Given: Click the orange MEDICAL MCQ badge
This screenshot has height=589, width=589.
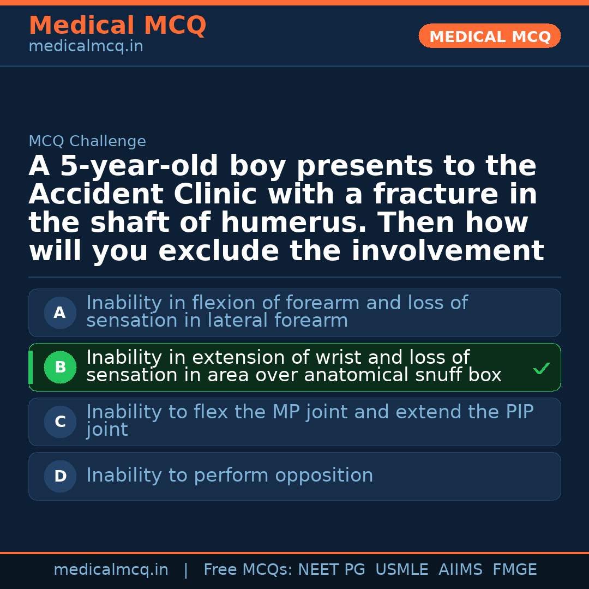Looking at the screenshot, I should point(489,36).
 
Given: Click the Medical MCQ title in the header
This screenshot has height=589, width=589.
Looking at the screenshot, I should point(117,26).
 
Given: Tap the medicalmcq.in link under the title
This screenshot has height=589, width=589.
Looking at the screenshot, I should point(86,47).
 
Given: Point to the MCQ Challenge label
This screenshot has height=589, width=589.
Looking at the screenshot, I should point(87,142).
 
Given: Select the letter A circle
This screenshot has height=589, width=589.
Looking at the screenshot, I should point(60,313).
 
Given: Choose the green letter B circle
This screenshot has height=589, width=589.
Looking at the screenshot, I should point(60,368).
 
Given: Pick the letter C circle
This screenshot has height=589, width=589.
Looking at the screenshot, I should point(60,422).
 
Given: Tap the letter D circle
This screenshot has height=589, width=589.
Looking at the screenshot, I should point(60,477).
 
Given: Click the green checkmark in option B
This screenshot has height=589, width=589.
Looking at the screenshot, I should point(541,369).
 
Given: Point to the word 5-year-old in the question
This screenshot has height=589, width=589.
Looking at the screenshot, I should point(139,166).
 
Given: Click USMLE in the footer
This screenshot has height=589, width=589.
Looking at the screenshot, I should point(401,570).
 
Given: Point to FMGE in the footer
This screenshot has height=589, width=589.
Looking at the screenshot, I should point(514,570).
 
